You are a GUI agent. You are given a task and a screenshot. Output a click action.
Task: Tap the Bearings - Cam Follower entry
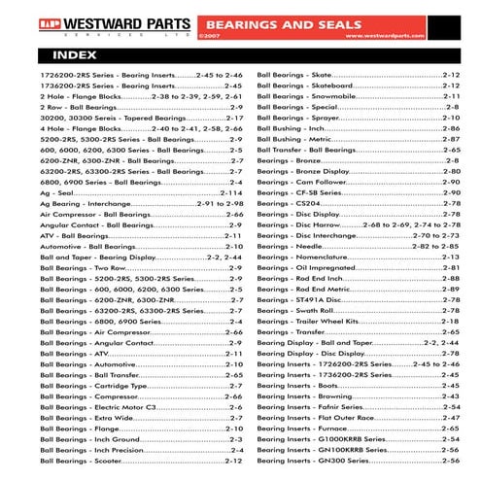click(x=307, y=182)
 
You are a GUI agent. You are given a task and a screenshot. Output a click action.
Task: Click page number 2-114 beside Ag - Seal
click(x=231, y=192)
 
